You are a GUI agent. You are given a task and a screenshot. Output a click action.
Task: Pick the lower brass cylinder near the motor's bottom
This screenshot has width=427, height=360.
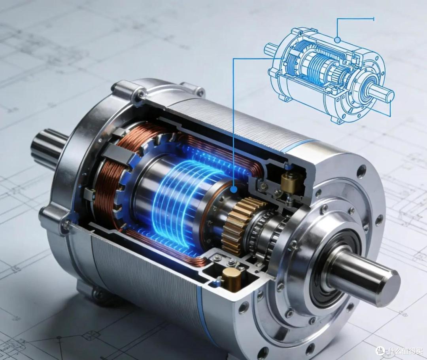tap(231, 278)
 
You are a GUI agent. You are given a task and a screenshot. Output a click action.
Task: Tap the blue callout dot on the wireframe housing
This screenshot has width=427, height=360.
tap(338, 40)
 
